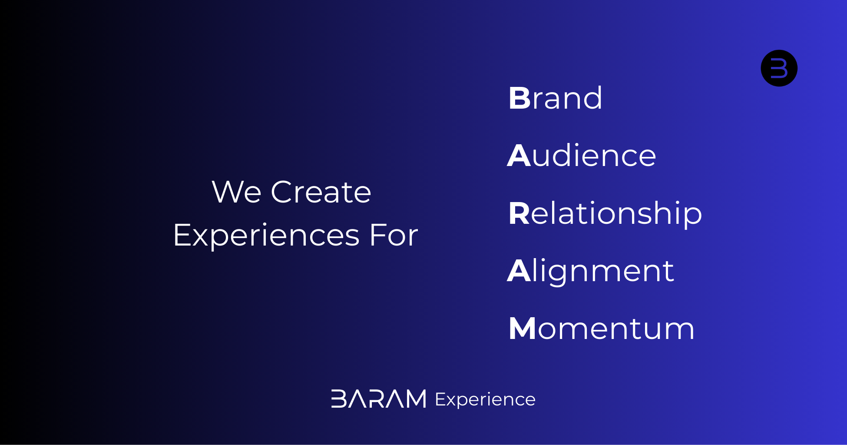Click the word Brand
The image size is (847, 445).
(555, 98)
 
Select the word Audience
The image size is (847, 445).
(581, 156)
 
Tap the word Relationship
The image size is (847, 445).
(605, 214)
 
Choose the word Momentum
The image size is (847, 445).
(602, 329)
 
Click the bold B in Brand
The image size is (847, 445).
(519, 98)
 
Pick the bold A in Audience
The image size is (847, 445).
(519, 156)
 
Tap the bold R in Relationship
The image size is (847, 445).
(519, 213)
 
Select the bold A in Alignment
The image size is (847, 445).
(519, 271)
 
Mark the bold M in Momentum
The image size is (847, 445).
(523, 329)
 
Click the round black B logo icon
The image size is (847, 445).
(779, 68)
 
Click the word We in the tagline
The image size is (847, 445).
(236, 192)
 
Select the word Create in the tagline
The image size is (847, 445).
(321, 192)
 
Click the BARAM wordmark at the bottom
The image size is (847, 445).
(379, 399)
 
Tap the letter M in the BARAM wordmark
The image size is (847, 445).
(414, 399)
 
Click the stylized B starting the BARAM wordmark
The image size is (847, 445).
(339, 399)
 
